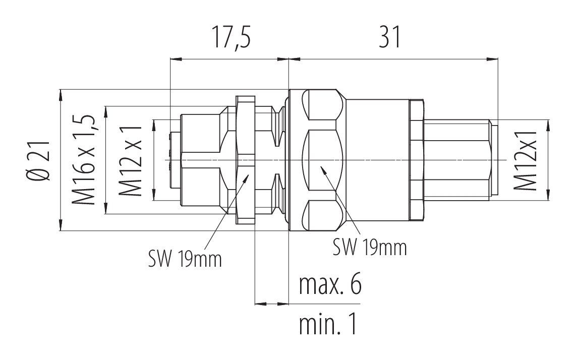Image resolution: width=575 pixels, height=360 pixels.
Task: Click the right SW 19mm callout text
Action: click(370, 247)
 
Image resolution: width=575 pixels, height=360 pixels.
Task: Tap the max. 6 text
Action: click(329, 285)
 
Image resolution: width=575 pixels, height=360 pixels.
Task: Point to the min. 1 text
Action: click(328, 325)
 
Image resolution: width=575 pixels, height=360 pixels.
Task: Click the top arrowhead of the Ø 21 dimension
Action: click(61, 93)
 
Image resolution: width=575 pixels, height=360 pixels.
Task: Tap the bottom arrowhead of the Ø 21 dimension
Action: click(61, 228)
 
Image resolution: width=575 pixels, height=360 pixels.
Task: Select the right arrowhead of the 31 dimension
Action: click(494, 59)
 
